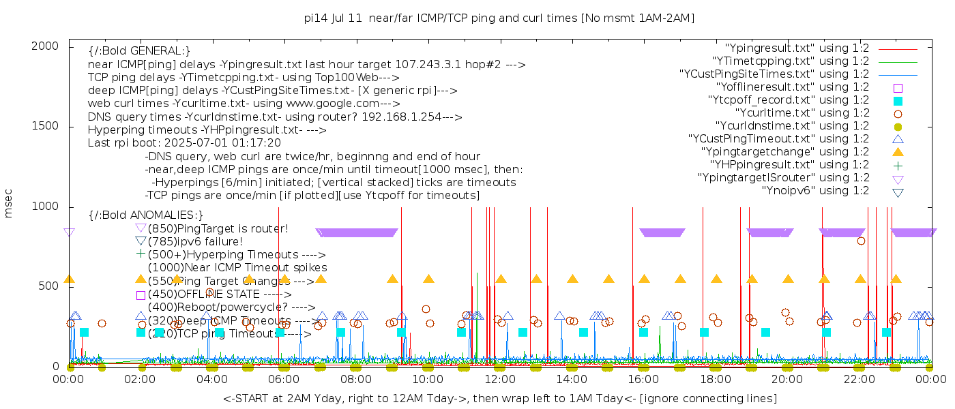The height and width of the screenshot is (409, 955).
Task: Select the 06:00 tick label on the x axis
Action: pyautogui.click(x=284, y=379)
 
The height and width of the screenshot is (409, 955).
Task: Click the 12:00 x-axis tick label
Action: pyautogui.click(x=499, y=379)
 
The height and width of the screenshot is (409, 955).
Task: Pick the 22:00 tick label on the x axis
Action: pyautogui.click(x=858, y=379)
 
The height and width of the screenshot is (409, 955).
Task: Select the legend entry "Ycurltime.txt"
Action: pyautogui.click(x=802, y=113)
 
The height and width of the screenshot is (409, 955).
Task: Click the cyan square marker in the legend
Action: pyautogui.click(x=898, y=101)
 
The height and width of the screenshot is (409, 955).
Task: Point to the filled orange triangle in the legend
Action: pyautogui.click(x=898, y=151)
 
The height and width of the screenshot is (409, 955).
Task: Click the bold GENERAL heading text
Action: pyautogui.click(x=139, y=51)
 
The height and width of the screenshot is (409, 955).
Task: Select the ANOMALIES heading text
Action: pyautogui.click(x=146, y=215)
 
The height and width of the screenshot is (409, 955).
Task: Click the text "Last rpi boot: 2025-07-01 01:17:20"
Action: pyautogui.click(x=184, y=143)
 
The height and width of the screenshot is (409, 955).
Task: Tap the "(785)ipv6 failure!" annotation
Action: pyautogui.click(x=195, y=241)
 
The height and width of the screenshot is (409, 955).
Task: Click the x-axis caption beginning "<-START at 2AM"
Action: pyautogui.click(x=499, y=398)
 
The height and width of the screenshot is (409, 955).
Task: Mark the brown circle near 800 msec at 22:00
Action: pyautogui.click(x=861, y=241)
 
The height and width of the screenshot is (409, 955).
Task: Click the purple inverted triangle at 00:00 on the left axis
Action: pyautogui.click(x=69, y=232)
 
